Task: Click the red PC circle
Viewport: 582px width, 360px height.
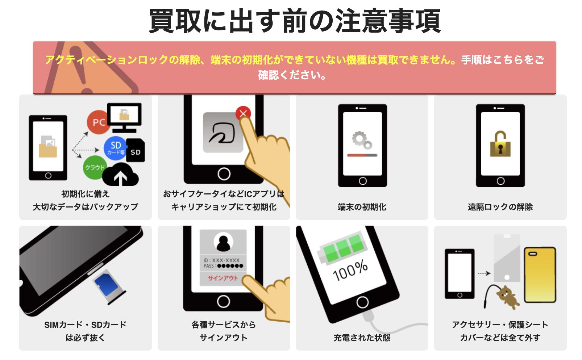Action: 98,122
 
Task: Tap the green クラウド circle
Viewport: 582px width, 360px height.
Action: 94,167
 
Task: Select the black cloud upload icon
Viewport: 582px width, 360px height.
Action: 121,175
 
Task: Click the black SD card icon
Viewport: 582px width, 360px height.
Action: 136,151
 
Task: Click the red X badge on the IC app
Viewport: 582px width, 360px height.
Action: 243,113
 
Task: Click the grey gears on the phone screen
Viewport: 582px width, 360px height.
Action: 362,140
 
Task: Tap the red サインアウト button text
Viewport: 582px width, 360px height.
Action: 223,278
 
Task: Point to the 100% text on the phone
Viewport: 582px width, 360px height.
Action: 350,270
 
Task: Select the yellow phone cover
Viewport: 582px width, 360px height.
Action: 540,275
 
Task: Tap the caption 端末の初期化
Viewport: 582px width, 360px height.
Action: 362,207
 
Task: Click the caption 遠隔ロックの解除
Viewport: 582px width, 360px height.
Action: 500,207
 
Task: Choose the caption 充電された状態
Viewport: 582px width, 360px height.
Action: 362,338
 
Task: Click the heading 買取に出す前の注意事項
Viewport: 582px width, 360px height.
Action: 295,21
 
